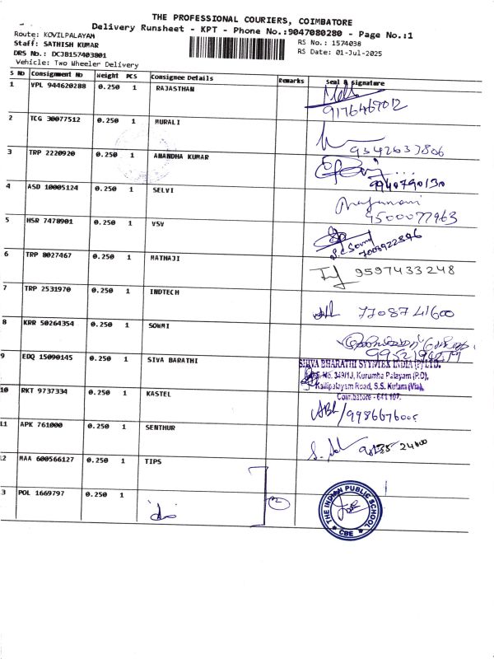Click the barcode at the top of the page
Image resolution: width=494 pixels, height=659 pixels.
(x=242, y=46)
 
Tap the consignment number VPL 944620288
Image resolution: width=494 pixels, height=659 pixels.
(x=58, y=86)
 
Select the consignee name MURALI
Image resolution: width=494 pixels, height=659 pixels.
(x=167, y=121)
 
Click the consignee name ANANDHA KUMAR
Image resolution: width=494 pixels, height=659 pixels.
(x=181, y=156)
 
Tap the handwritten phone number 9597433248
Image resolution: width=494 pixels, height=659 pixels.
(x=403, y=270)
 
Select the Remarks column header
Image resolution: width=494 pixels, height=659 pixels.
(x=291, y=81)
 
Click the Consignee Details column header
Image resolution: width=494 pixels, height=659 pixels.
(x=182, y=77)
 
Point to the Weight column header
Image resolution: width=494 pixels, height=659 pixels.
(x=108, y=76)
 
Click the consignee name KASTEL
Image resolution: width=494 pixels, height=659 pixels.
(x=163, y=394)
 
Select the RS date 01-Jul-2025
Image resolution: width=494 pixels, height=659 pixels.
(x=357, y=51)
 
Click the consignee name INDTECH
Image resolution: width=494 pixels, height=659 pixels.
(x=165, y=292)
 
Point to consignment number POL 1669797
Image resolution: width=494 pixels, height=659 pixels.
(x=47, y=493)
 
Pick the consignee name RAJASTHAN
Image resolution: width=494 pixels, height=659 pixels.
(x=175, y=87)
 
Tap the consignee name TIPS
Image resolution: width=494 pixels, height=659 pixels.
(x=153, y=462)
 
